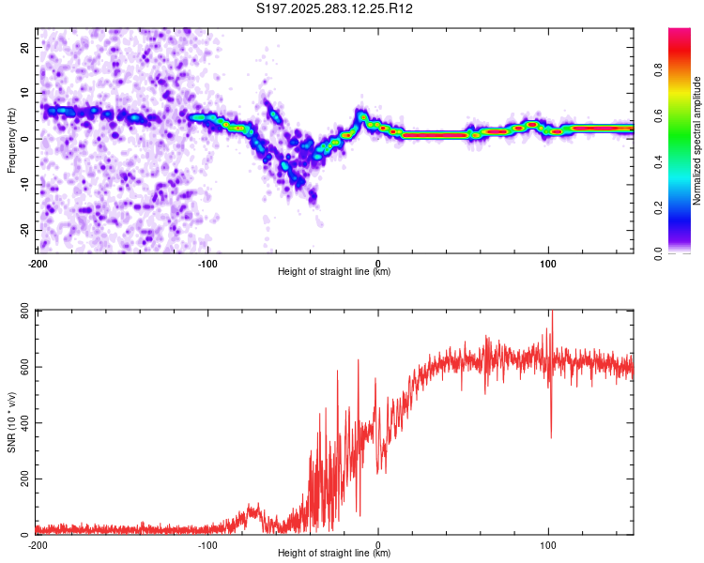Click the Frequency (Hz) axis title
pos(11,140)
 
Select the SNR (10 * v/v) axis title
pos(11,421)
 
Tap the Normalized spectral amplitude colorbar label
pos(697,141)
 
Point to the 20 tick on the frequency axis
pos(25,47)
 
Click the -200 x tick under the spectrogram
pos(38,262)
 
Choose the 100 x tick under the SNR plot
pos(549,544)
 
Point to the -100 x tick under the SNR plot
pos(207,544)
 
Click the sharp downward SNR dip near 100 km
pos(551,435)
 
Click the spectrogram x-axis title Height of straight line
pos(334,271)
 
